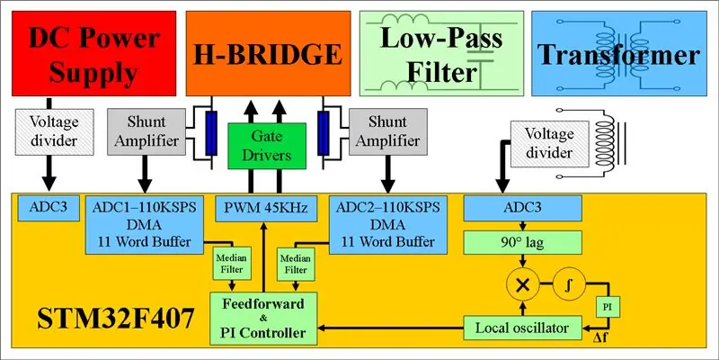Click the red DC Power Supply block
click(94, 53)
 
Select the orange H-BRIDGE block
click(268, 53)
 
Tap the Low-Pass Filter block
click(441, 53)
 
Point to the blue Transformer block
click(618, 53)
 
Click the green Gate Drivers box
click(267, 146)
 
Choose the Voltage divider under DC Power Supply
click(54, 131)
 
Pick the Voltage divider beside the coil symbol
click(549, 143)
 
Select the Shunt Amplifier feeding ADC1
click(146, 131)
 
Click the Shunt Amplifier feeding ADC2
click(388, 131)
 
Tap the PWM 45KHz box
click(267, 208)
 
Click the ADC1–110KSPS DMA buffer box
click(145, 224)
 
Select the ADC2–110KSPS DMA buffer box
click(388, 224)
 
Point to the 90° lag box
click(523, 242)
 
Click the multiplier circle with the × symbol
click(522, 285)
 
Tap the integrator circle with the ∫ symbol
click(569, 285)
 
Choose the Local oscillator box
click(523, 328)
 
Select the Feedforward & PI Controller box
click(263, 319)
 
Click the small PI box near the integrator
click(608, 306)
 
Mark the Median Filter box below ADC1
click(232, 264)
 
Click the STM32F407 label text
click(116, 319)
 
